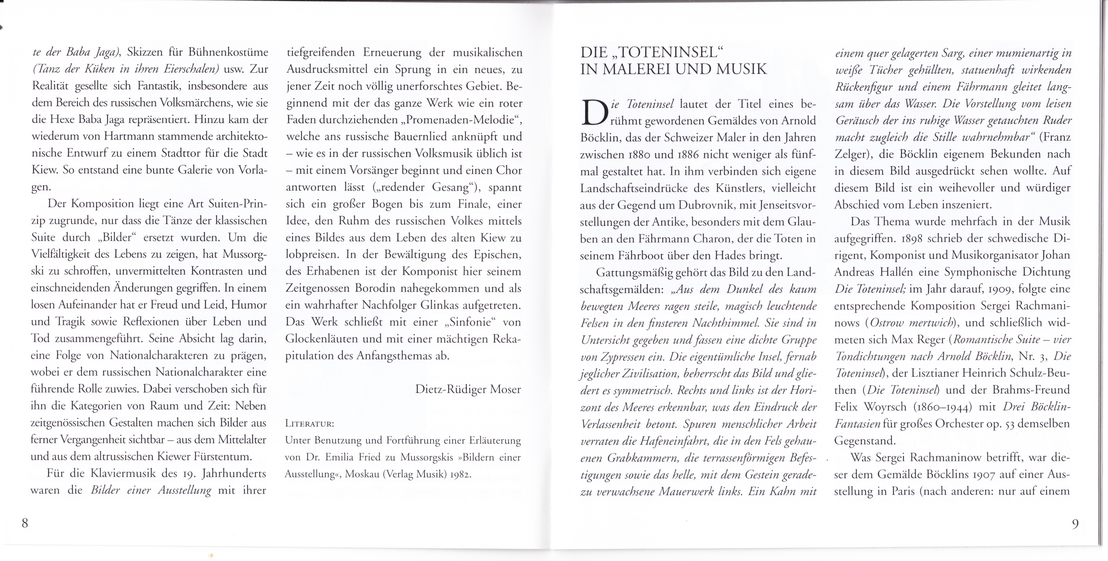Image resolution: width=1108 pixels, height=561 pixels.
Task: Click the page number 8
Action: [x=25, y=523]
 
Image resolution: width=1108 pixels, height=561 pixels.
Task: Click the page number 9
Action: [x=1075, y=524]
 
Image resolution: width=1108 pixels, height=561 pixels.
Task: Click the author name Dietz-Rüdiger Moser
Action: [x=468, y=389]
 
